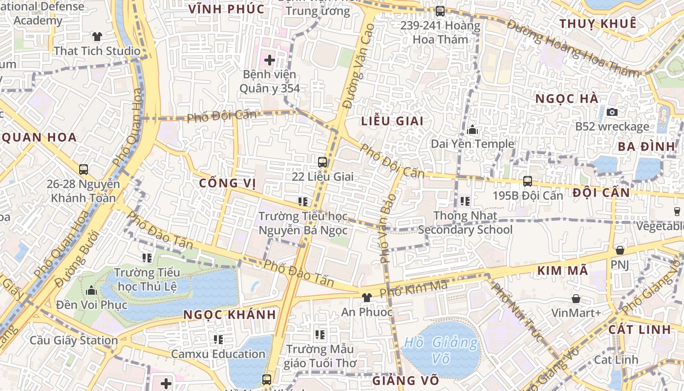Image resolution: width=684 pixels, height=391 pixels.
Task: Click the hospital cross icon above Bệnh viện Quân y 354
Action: (269, 61)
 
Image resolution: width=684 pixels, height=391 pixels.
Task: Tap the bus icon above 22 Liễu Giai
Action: (322, 162)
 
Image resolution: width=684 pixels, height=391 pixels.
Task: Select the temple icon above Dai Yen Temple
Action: (472, 130)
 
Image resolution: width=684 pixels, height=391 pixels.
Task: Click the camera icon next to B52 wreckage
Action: (612, 112)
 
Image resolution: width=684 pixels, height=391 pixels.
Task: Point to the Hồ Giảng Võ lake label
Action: (440, 350)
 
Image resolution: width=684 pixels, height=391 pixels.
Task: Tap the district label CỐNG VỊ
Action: (228, 183)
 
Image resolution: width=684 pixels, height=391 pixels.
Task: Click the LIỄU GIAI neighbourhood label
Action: (392, 121)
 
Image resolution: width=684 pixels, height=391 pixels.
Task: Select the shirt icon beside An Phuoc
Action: (366, 297)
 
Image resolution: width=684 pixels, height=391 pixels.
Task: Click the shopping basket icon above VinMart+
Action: (576, 299)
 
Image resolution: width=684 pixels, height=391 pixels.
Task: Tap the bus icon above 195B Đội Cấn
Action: (528, 181)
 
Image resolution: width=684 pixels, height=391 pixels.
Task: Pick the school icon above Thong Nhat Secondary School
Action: (465, 201)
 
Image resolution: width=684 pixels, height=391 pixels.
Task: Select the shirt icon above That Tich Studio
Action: (97, 36)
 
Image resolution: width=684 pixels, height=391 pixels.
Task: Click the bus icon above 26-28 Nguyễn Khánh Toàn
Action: (84, 170)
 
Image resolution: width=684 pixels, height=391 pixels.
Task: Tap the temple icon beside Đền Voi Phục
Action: (91, 291)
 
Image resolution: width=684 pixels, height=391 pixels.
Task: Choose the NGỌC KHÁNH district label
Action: (230, 315)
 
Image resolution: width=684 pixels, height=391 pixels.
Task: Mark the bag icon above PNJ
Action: (620, 250)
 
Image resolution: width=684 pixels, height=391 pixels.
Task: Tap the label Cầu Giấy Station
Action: (74, 340)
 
